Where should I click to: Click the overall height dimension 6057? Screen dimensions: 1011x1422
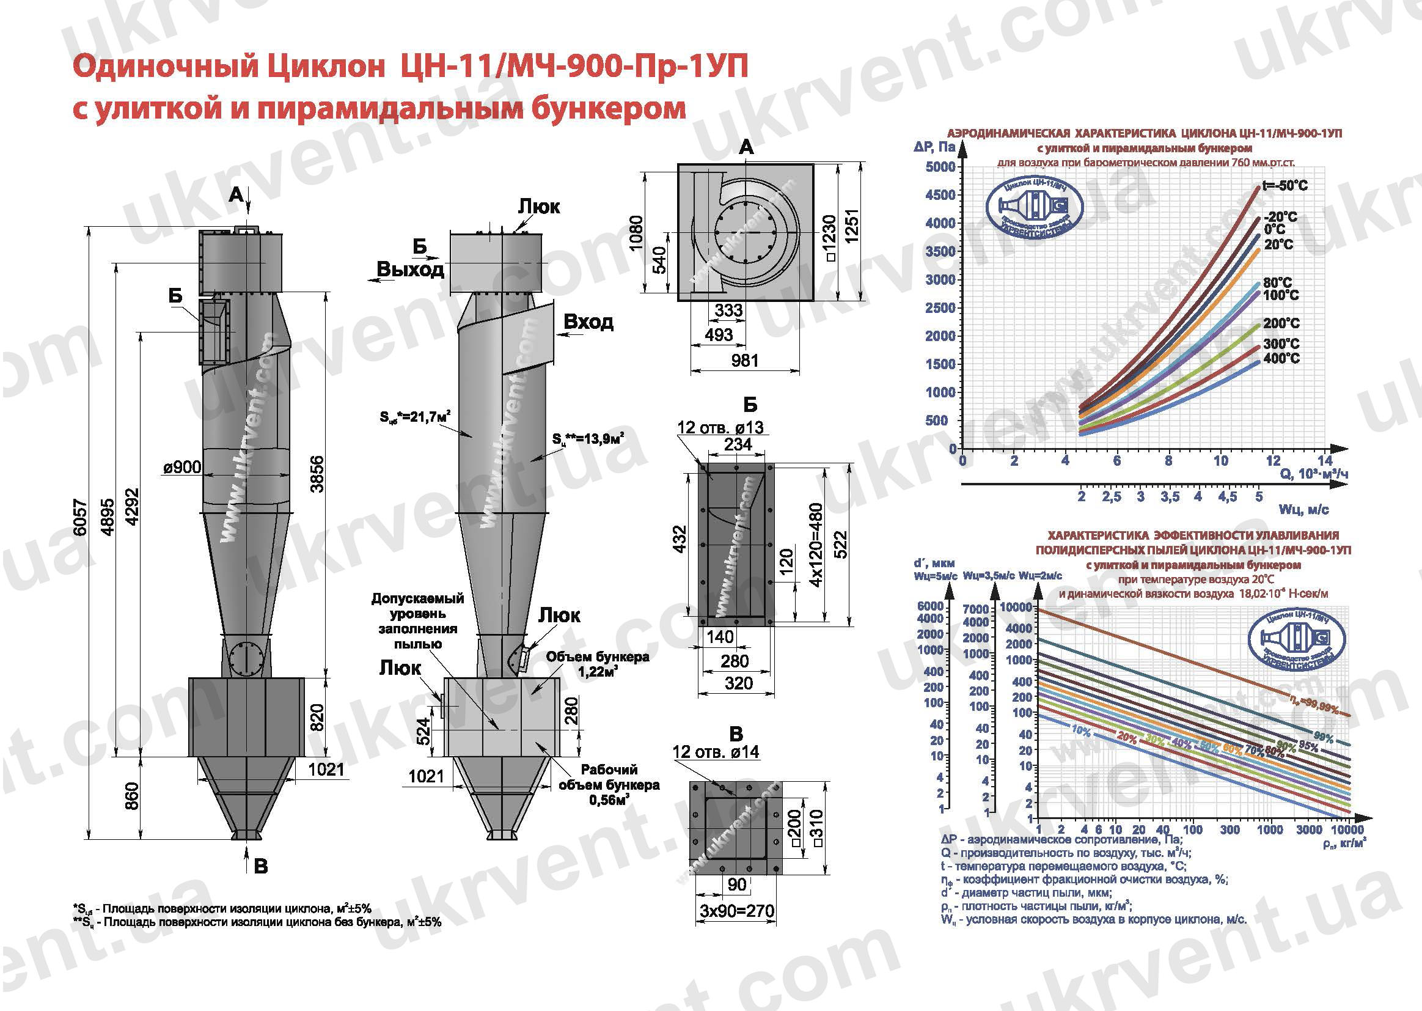[x=80, y=517]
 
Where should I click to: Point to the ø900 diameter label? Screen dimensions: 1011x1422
[x=181, y=467]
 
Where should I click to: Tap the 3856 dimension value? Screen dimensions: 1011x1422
[x=317, y=474]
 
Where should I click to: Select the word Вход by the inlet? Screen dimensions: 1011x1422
[x=588, y=322]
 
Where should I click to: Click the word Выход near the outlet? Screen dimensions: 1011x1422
[x=410, y=270]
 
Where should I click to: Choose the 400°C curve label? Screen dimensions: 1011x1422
[x=1281, y=358]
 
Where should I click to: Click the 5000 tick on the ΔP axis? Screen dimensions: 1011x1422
[x=940, y=167]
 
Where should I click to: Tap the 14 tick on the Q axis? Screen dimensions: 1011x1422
[x=1325, y=461]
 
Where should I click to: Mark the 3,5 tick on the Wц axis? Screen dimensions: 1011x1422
[x=1170, y=497]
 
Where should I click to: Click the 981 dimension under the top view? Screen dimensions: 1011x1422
[x=744, y=361]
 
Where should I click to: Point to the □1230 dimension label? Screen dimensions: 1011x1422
[x=830, y=238]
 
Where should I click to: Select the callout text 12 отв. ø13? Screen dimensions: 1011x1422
[x=720, y=428]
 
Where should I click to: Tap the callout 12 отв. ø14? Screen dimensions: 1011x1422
[x=716, y=752]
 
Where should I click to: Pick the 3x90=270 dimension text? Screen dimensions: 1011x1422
[x=737, y=911]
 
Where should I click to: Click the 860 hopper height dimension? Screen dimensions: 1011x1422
[x=132, y=796]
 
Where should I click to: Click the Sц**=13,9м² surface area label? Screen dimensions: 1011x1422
[x=588, y=440]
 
